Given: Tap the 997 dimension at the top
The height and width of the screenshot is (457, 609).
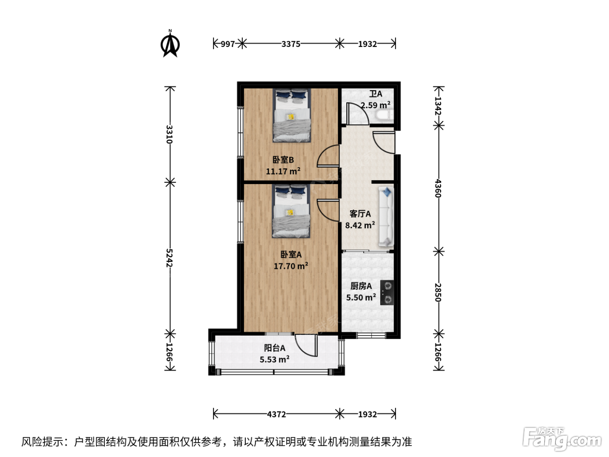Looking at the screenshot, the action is coord(228,44).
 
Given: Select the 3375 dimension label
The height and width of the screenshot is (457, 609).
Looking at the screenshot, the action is coord(291,44).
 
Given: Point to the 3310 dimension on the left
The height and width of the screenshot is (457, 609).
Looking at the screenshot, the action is coord(169,134).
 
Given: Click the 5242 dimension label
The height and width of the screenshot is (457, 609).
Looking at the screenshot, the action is coord(169,258).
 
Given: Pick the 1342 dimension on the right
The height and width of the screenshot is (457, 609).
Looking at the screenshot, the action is coord(438,106).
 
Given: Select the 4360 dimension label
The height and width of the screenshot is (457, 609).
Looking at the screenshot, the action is coord(438,188).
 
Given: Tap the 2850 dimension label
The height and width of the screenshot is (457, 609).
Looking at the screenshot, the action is coord(438,292).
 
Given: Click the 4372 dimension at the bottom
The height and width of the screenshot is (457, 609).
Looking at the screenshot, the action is coord(276,414).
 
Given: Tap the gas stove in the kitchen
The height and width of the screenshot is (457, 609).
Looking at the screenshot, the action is coord(387,292).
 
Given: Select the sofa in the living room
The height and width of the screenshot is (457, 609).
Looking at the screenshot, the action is coord(386,216).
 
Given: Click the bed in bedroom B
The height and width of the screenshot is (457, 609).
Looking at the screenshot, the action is coord(291,115).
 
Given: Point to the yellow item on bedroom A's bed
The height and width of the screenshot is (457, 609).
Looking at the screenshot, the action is coord(290,212).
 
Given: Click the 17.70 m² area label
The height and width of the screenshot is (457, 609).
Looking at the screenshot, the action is coord(291,266).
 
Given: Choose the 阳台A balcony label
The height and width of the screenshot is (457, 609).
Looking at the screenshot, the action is coord(274,348).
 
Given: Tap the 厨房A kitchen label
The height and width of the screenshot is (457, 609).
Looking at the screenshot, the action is coord(361,286).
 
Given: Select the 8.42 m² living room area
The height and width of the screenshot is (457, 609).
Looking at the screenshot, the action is coord(360,225).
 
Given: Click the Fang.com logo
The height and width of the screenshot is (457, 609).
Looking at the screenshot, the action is coord(562,439).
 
